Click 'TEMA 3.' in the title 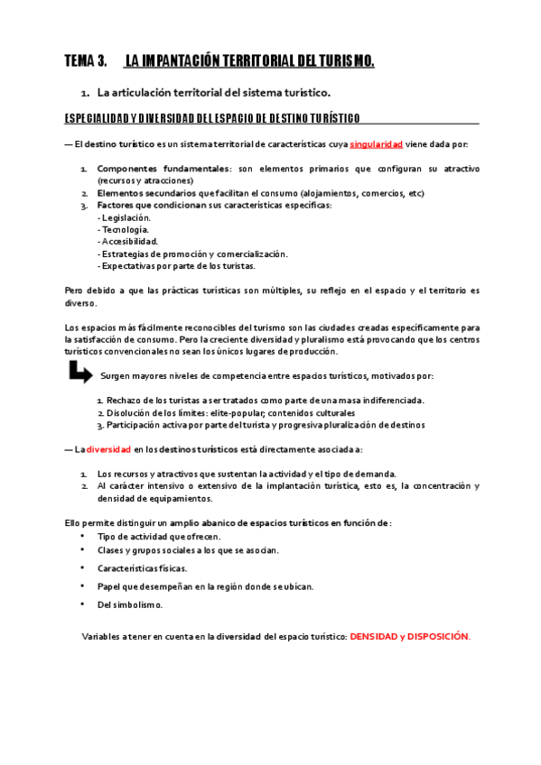pos(86,61)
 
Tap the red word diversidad pos(108,449)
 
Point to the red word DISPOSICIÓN pos(439,637)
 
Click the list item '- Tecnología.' pos(123,229)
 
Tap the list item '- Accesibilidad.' pos(127,242)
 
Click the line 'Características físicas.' pos(143,568)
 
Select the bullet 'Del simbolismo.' pos(130,604)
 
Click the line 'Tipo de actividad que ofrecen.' pos(159,536)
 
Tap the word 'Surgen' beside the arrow pos(116,375)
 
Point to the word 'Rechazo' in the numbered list pos(123,400)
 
